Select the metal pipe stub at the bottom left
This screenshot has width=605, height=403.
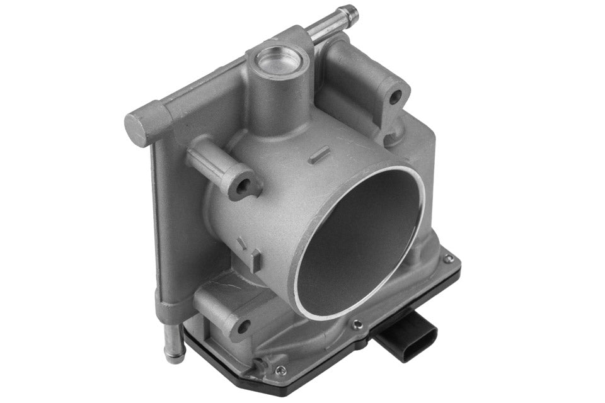click(172, 343)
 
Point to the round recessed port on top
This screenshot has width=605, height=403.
click(277, 60)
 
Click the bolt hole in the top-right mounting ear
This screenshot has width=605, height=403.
click(395, 97)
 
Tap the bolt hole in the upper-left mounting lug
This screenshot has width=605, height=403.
click(241, 186)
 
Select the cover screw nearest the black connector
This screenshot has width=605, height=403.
click(357, 325)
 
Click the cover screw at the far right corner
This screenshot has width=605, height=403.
click(448, 259)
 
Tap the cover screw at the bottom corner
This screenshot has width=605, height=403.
click(280, 370)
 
